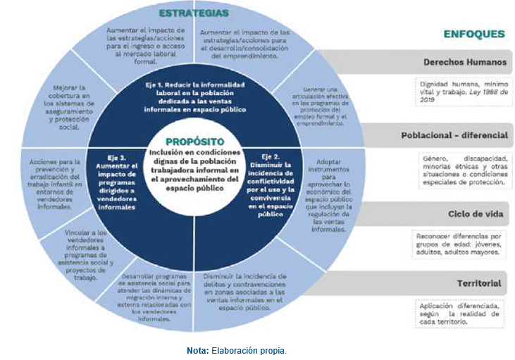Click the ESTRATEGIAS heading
tap(193, 13)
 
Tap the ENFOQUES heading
tap(473, 33)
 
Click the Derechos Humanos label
tap(464, 62)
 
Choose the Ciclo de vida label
tap(473, 212)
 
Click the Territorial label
tap(478, 284)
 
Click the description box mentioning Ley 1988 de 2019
tap(461, 91)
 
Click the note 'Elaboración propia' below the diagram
tap(237, 350)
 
